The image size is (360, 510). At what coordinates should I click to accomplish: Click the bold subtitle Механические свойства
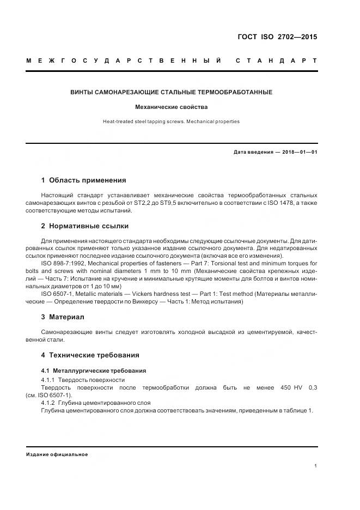tap(171, 107)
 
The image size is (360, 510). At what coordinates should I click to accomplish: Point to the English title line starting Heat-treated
tap(171, 122)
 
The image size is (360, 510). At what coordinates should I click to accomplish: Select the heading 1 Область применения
tap(83, 180)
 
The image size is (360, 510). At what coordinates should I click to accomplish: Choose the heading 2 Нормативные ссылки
tap(85, 226)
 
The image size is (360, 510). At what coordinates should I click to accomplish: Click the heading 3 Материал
tap(63, 317)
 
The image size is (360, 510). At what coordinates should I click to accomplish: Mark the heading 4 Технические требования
tap(90, 355)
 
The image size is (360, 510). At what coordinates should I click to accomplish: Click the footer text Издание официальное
tap(57, 454)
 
